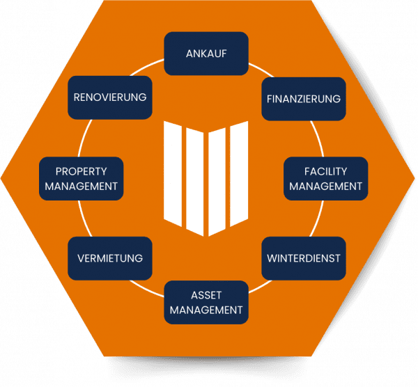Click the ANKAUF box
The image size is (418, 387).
coord(206,53)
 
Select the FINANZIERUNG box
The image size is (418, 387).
coord(304,98)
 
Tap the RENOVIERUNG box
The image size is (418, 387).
coord(109,97)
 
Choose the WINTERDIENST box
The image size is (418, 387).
coord(304,258)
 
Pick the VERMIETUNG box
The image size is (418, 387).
coord(109,258)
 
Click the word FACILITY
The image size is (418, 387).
coord(325,171)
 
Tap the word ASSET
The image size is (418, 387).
coord(206,294)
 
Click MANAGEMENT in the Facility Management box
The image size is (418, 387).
coord(325,187)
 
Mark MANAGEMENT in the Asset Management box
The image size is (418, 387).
coord(206,310)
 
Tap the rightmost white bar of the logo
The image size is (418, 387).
coord(240,174)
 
